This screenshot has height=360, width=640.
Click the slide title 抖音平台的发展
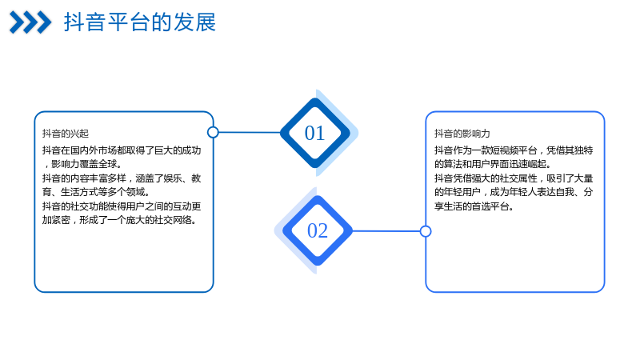(139, 22)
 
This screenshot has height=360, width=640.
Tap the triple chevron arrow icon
(30, 22)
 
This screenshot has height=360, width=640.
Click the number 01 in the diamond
(314, 133)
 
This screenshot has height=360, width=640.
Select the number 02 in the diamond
(318, 230)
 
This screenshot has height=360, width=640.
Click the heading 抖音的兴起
(66, 134)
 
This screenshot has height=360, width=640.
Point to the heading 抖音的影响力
(462, 134)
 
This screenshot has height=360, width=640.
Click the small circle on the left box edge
(213, 132)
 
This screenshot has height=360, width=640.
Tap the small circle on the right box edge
(426, 231)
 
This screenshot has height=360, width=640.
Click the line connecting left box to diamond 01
(250, 132)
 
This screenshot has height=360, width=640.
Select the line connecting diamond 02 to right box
(386, 231)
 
